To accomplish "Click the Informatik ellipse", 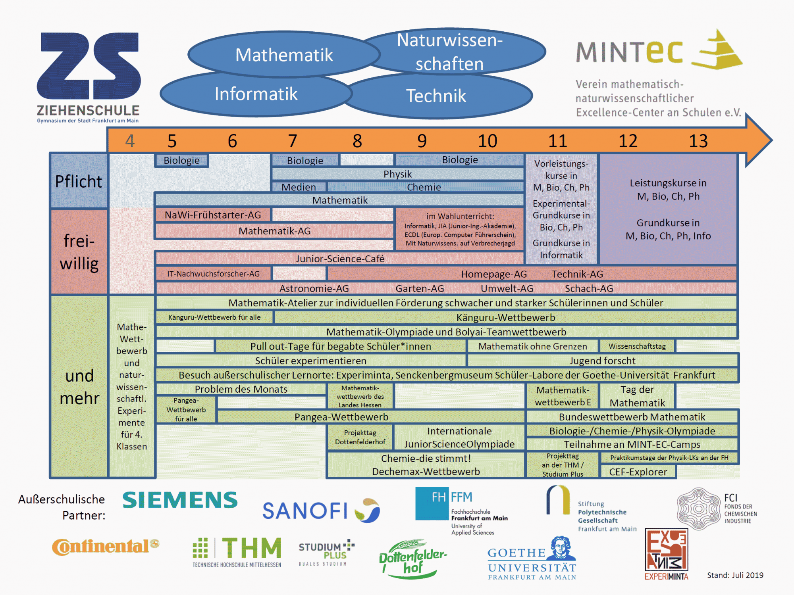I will (256, 94).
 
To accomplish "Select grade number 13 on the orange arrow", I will (698, 141).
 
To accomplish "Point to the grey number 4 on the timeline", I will (130, 141).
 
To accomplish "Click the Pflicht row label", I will (79, 181).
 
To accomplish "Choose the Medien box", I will (299, 187).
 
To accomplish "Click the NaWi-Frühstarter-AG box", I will (213, 215).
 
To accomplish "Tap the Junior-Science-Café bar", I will (340, 259).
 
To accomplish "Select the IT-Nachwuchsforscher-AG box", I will (213, 274).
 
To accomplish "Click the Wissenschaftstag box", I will (637, 346).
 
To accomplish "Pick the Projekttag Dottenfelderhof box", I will (360, 437).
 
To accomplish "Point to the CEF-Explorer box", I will (638, 472).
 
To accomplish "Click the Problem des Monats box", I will (241, 389).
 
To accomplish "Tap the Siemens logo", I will (180, 500).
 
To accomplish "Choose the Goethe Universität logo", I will (532, 559).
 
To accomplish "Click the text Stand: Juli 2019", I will (735, 575).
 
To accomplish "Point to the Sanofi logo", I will (321, 511).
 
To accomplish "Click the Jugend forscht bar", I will (602, 361).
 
